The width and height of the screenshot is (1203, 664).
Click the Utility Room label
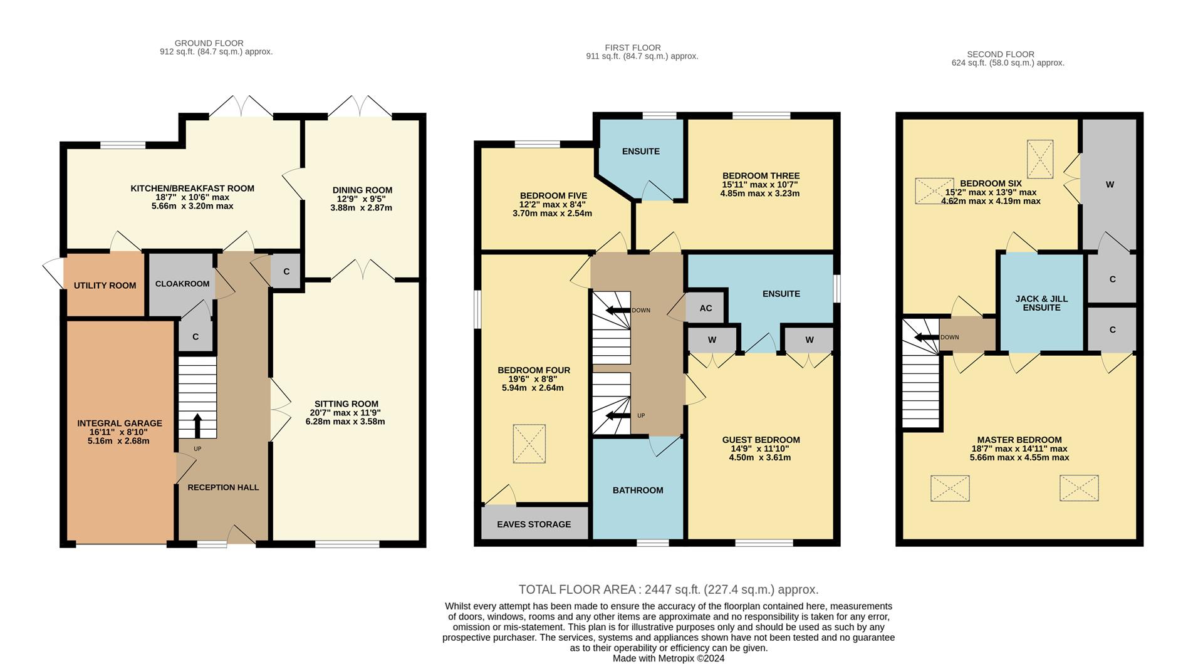click(105, 286)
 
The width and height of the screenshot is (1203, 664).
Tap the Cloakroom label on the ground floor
click(182, 284)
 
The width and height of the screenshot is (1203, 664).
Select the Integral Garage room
click(120, 432)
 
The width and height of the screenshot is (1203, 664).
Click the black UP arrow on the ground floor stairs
click(197, 425)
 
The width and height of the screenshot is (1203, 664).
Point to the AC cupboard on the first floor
click(706, 308)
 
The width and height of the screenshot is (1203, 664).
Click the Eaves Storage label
click(534, 524)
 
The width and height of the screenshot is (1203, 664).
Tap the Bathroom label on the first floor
click(638, 490)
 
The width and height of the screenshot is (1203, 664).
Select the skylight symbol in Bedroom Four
click(529, 444)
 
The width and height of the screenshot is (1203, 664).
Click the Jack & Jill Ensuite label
click(1041, 303)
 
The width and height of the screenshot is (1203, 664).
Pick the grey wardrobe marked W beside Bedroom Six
click(1110, 185)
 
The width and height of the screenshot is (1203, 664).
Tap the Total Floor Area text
click(668, 589)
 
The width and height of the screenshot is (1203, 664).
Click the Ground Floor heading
click(209, 43)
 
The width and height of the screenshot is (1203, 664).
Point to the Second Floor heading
click(1000, 54)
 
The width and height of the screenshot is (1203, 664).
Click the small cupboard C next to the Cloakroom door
click(195, 336)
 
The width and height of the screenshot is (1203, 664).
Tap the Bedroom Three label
click(761, 176)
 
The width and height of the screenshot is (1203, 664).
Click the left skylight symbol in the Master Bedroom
click(950, 488)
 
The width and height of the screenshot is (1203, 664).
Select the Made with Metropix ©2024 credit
click(668, 658)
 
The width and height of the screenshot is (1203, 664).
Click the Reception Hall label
click(223, 487)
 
